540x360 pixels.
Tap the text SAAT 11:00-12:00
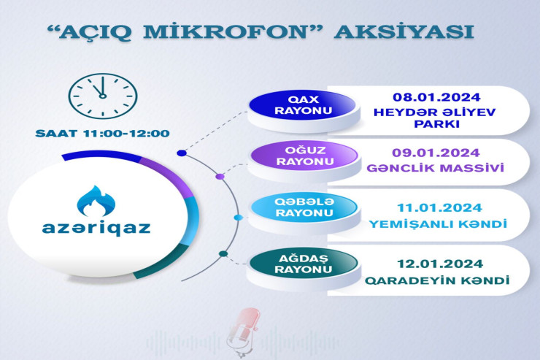coord(102,134)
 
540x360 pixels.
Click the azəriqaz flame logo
coord(102,202)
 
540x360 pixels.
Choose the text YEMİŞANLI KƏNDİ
coord(436,223)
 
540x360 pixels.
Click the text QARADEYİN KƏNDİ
coord(436,279)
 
